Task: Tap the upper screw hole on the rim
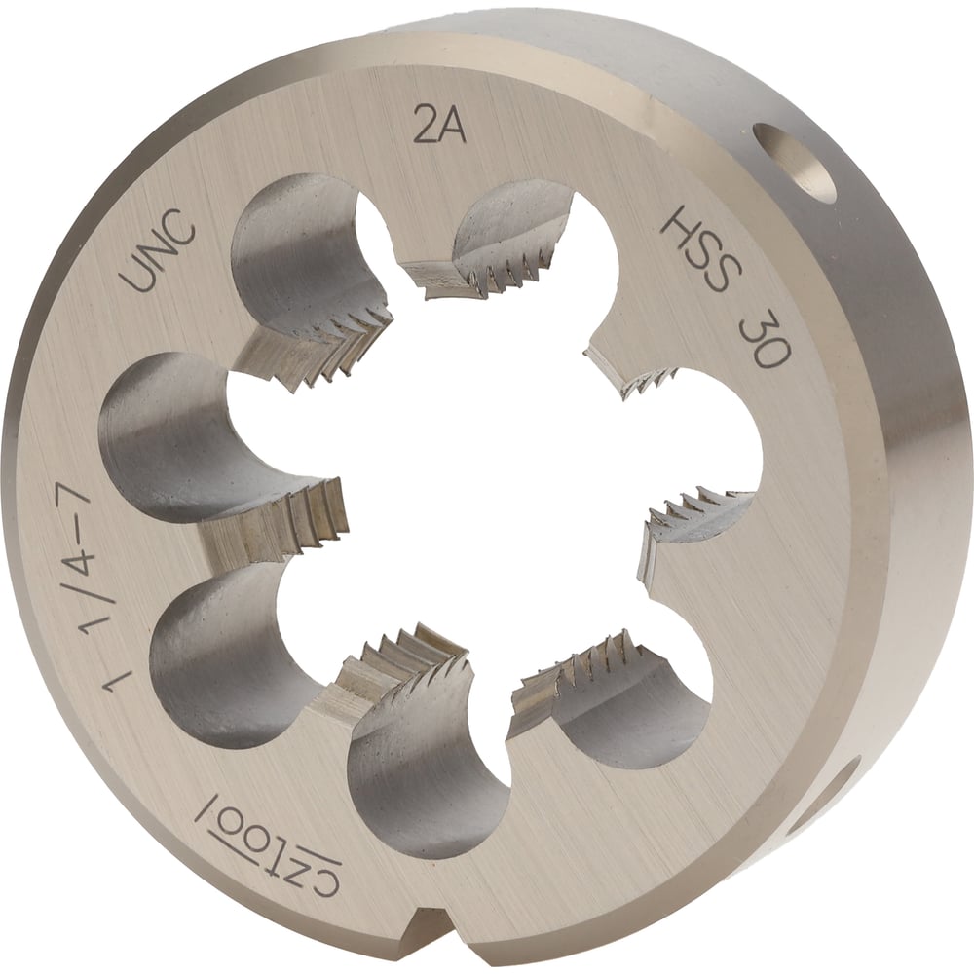[795, 163]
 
